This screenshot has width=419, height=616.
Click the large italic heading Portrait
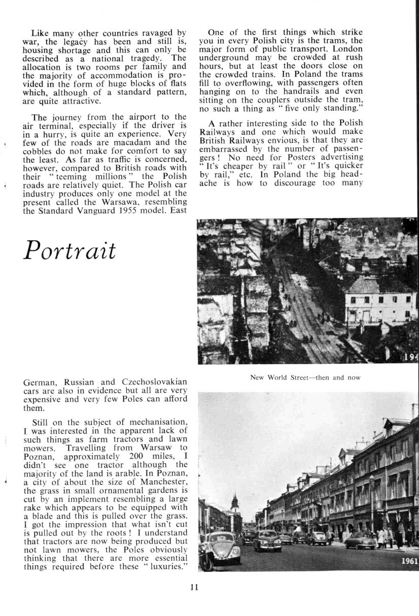click(70, 250)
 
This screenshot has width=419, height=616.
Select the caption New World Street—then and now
click(305, 377)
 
